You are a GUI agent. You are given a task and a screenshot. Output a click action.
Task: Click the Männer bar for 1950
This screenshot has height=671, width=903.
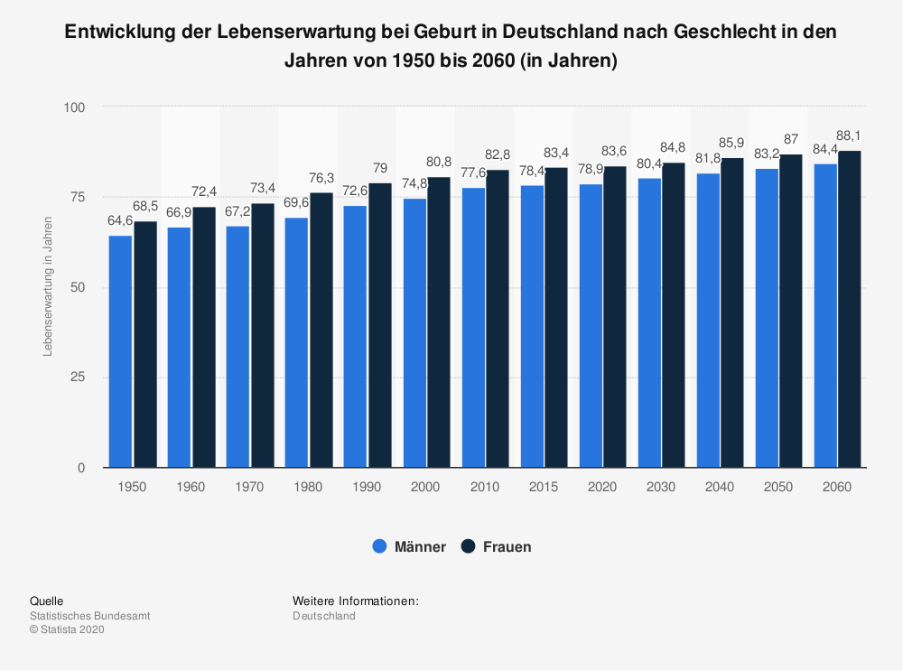(x=120, y=351)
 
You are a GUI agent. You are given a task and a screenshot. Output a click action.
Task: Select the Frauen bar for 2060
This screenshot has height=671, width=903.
(x=849, y=309)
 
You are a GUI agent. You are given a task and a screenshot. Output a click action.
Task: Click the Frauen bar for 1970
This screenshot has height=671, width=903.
(x=262, y=335)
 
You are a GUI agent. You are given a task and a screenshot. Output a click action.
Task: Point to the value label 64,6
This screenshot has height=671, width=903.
(x=120, y=220)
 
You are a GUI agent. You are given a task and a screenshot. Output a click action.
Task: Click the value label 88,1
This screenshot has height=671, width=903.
(x=850, y=136)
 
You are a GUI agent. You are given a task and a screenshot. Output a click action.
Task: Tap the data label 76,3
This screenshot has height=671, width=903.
(x=321, y=178)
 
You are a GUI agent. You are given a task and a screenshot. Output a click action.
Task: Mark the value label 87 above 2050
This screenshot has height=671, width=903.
(x=791, y=139)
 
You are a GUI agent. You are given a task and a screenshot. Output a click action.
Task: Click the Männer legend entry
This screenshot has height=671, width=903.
(x=409, y=546)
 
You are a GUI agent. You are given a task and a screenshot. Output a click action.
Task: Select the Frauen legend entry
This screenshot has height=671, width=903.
(x=496, y=546)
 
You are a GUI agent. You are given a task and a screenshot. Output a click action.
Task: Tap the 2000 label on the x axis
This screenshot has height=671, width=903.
(x=425, y=487)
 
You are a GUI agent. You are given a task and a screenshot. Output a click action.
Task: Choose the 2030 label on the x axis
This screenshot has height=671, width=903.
(x=661, y=487)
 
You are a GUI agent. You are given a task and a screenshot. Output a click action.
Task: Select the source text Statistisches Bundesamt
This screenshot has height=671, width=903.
(x=90, y=616)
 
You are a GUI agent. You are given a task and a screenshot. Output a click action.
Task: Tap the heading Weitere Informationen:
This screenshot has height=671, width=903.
(x=356, y=601)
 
